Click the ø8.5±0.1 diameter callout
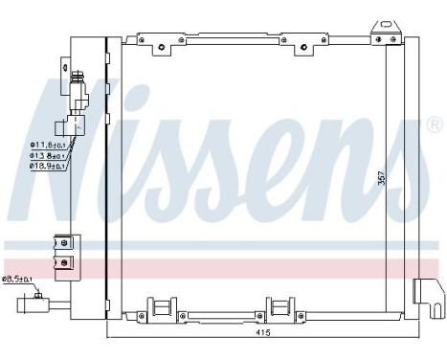pyautogui.click(x=17, y=279)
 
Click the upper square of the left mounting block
pyautogui.click(x=63, y=243)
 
